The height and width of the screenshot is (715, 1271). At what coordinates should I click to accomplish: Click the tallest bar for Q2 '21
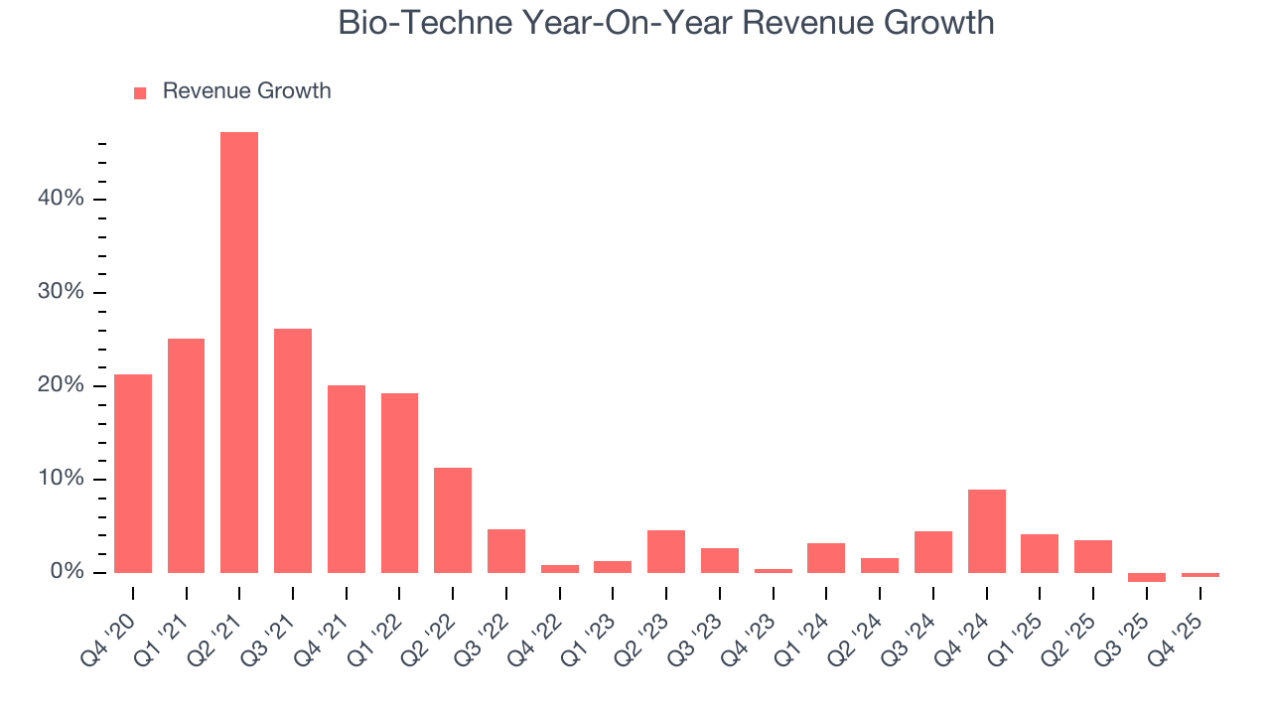[239, 353]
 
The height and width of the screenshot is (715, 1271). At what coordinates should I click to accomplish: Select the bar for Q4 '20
[133, 474]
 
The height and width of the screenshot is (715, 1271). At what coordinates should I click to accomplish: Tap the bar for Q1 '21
[186, 456]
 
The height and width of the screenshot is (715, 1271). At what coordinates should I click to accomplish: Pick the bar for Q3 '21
[293, 451]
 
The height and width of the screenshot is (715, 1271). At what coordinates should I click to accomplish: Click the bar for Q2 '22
[453, 520]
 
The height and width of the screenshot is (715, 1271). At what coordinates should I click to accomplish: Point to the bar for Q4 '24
[986, 531]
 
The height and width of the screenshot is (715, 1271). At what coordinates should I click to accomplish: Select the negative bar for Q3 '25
[1146, 577]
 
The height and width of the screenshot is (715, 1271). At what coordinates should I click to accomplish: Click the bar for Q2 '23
[666, 552]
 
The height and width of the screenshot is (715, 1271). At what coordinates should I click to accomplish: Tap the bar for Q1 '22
[399, 484]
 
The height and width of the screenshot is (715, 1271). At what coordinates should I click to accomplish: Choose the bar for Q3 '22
[506, 551]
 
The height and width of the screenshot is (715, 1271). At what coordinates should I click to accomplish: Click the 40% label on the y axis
[61, 199]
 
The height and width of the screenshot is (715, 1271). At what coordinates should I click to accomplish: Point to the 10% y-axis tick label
[61, 479]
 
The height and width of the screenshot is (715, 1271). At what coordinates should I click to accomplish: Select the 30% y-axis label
[61, 292]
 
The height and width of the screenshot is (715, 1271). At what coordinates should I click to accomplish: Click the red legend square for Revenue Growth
[140, 92]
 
